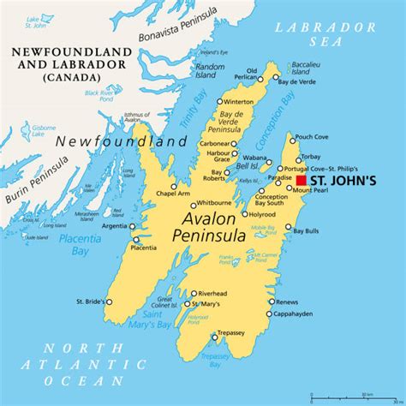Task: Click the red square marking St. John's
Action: (x=302, y=182)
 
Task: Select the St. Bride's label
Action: (x=90, y=302)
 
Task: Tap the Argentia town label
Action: (x=113, y=226)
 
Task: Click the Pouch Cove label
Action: (x=311, y=137)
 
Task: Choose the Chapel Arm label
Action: (x=173, y=194)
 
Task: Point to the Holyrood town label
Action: (x=262, y=215)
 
